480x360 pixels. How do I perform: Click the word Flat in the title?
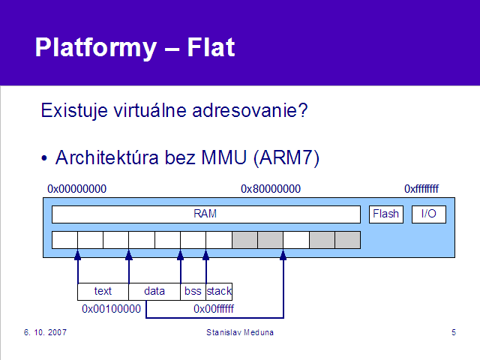point(211,47)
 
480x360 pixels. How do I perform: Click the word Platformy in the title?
point(96,48)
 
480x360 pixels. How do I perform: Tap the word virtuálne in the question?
point(150,110)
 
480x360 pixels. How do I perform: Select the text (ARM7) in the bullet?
point(286,158)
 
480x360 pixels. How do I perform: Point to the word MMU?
point(223,157)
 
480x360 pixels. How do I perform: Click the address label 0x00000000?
point(76,189)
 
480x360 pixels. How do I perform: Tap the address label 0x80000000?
point(271,189)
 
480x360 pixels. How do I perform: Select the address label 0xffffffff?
point(421,189)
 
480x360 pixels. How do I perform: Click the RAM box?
point(206,214)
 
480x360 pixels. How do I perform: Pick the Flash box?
point(386,214)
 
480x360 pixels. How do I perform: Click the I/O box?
point(428,214)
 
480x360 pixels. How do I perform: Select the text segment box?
point(103,292)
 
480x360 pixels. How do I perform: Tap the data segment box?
point(154,292)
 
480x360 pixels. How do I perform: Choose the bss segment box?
point(193,292)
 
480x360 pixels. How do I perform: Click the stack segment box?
point(219,292)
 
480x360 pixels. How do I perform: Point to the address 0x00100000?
point(111,309)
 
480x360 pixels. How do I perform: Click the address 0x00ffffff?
point(214,309)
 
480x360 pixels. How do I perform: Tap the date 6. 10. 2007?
point(45,332)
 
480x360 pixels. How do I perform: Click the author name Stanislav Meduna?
point(240,332)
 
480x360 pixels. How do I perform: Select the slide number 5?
point(454,332)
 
